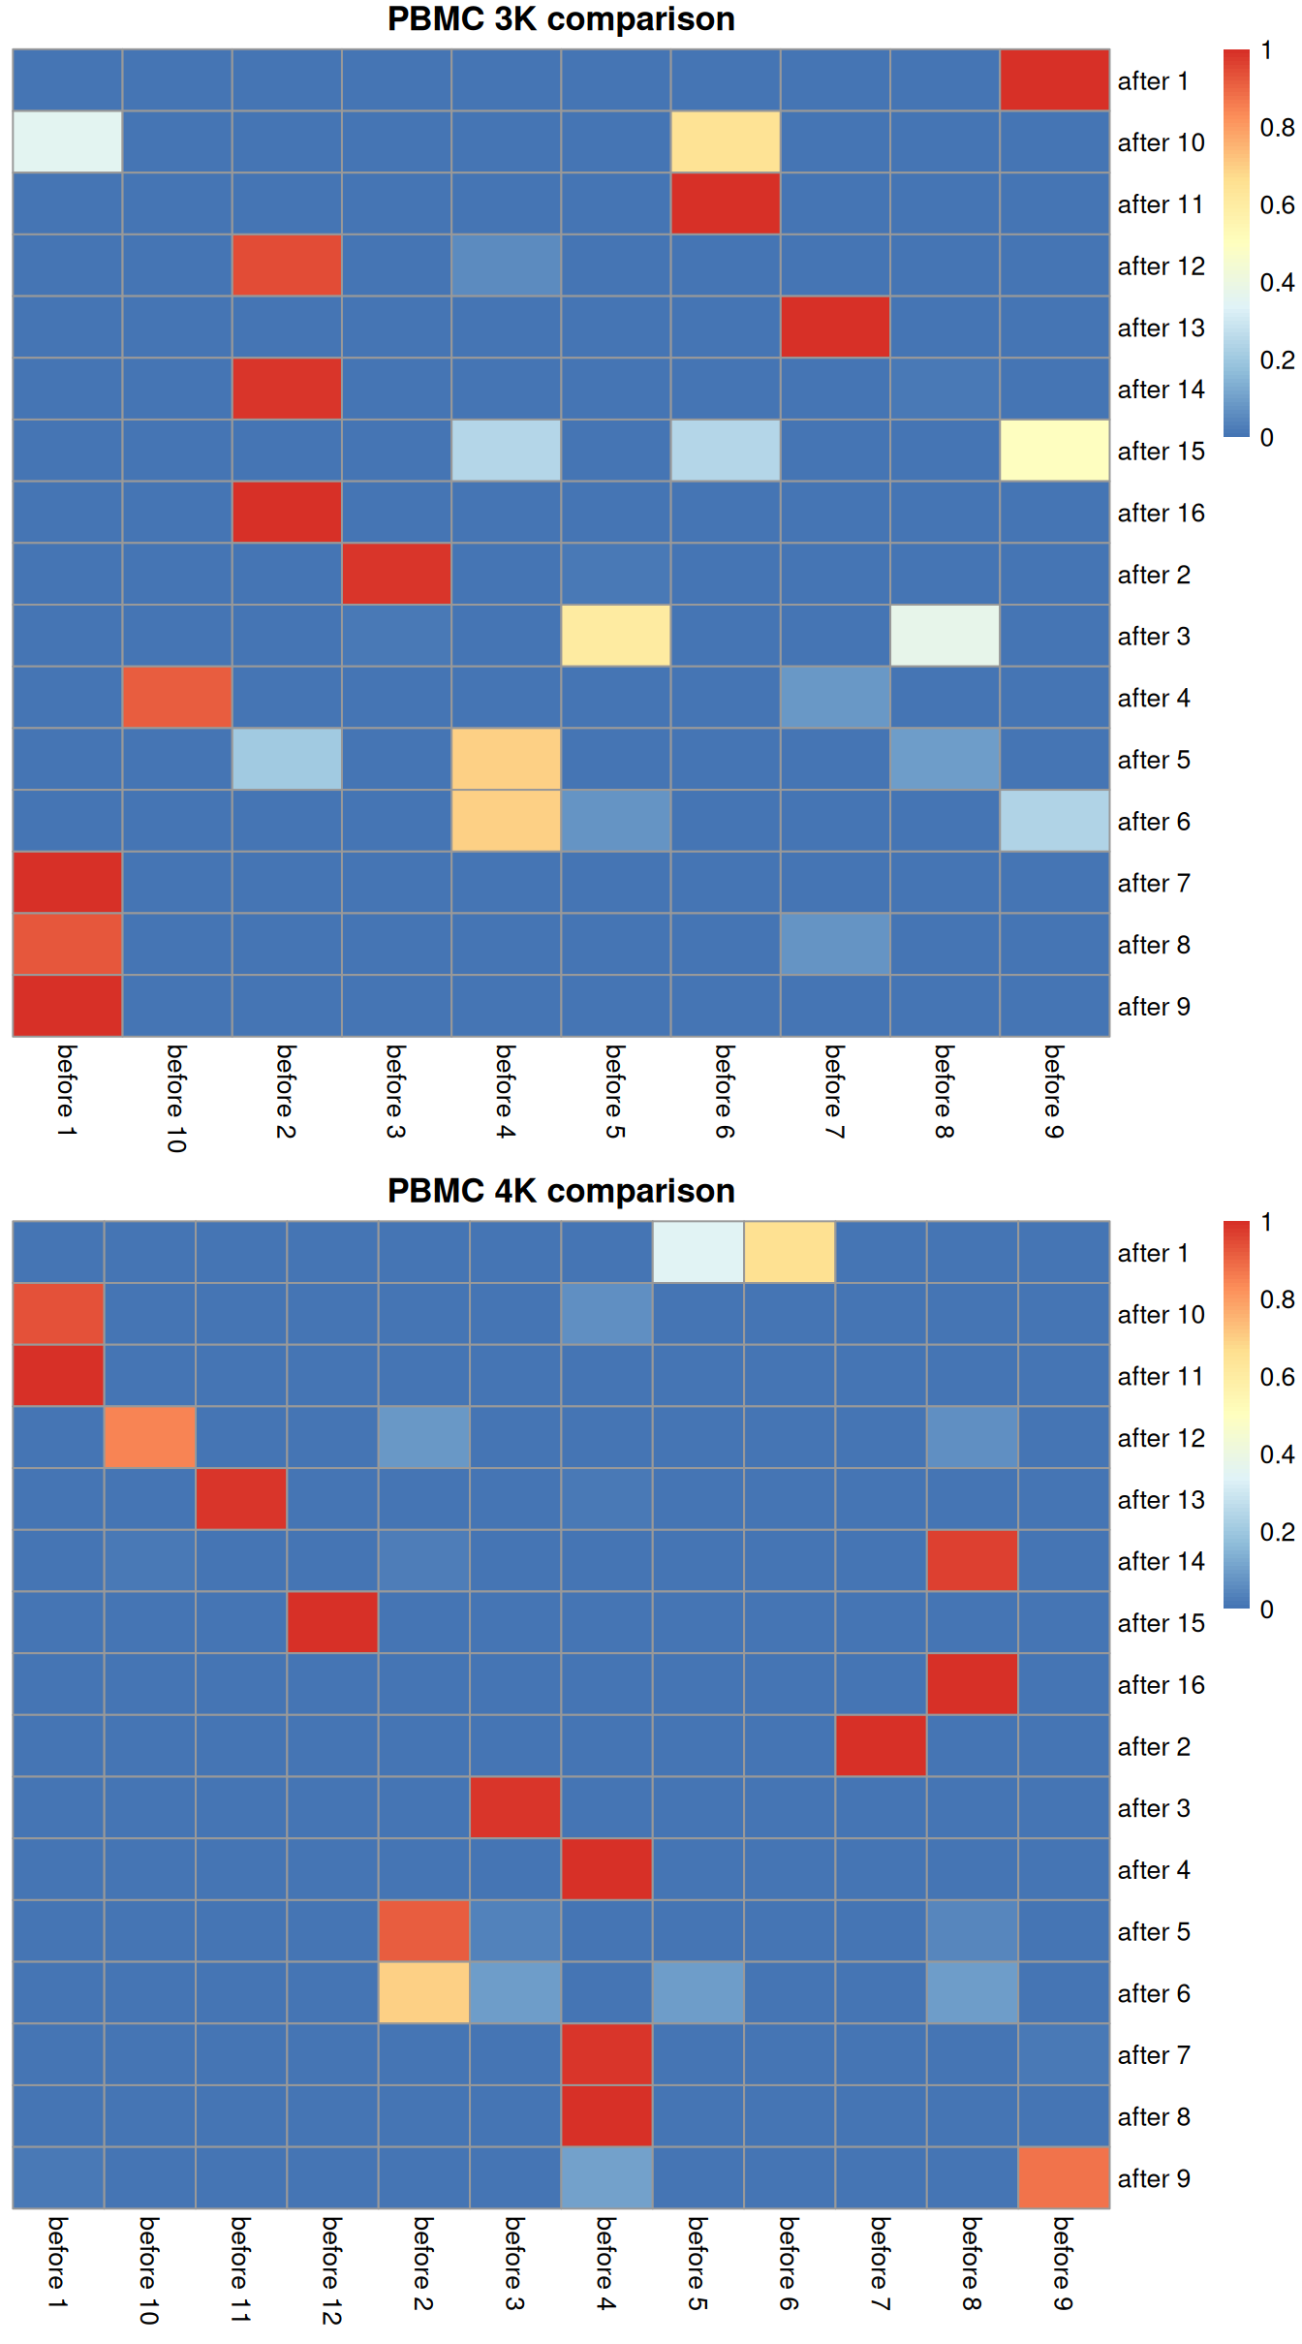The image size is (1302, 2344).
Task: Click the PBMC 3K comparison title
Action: point(561,19)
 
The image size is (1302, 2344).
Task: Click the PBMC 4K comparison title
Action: point(561,1191)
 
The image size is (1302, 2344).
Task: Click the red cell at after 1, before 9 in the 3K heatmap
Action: point(1054,80)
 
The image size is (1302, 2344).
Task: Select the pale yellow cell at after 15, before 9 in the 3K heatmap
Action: point(1054,451)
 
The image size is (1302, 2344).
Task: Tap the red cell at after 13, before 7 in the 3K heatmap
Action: point(835,328)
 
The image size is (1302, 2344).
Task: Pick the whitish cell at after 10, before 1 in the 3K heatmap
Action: point(67,142)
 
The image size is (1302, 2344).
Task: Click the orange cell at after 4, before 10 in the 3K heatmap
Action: point(177,698)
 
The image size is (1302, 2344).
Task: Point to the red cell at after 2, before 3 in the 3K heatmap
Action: point(396,575)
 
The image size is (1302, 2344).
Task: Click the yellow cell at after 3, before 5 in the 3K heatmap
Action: point(615,637)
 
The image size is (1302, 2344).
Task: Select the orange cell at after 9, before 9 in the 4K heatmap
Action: point(1063,2178)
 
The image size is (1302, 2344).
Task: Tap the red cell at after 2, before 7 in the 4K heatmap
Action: point(881,1746)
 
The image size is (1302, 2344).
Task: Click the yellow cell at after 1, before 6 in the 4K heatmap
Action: point(790,1253)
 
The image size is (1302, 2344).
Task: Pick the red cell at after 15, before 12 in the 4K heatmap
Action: point(332,1623)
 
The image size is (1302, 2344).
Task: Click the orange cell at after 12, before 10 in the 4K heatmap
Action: point(150,1438)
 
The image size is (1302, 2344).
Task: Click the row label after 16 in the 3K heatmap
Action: point(1161,514)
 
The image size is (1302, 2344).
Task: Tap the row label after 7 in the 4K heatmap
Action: point(1153,2055)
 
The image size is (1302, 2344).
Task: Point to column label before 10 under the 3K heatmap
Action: point(175,1097)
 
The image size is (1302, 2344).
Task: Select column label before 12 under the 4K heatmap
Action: point(331,2269)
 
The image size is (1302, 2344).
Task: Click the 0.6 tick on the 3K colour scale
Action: point(1276,205)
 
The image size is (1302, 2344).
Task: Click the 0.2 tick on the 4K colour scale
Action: point(1276,1532)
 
